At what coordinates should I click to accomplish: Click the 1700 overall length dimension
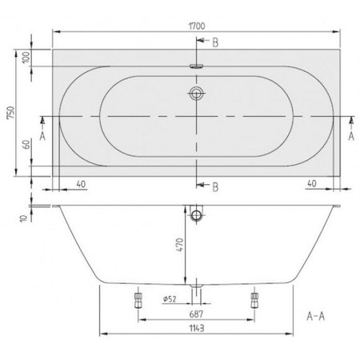(197, 26)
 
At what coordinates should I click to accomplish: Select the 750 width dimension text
(10, 113)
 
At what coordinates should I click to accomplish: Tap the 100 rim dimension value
(26, 58)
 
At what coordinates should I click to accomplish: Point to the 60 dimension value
(26, 145)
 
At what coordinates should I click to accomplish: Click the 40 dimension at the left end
(81, 184)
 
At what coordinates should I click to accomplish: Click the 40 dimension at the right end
(312, 183)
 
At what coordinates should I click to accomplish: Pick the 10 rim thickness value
(24, 218)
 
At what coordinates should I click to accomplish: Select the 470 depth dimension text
(180, 245)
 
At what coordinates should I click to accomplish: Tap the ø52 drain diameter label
(170, 299)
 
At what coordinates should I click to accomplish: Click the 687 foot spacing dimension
(196, 314)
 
